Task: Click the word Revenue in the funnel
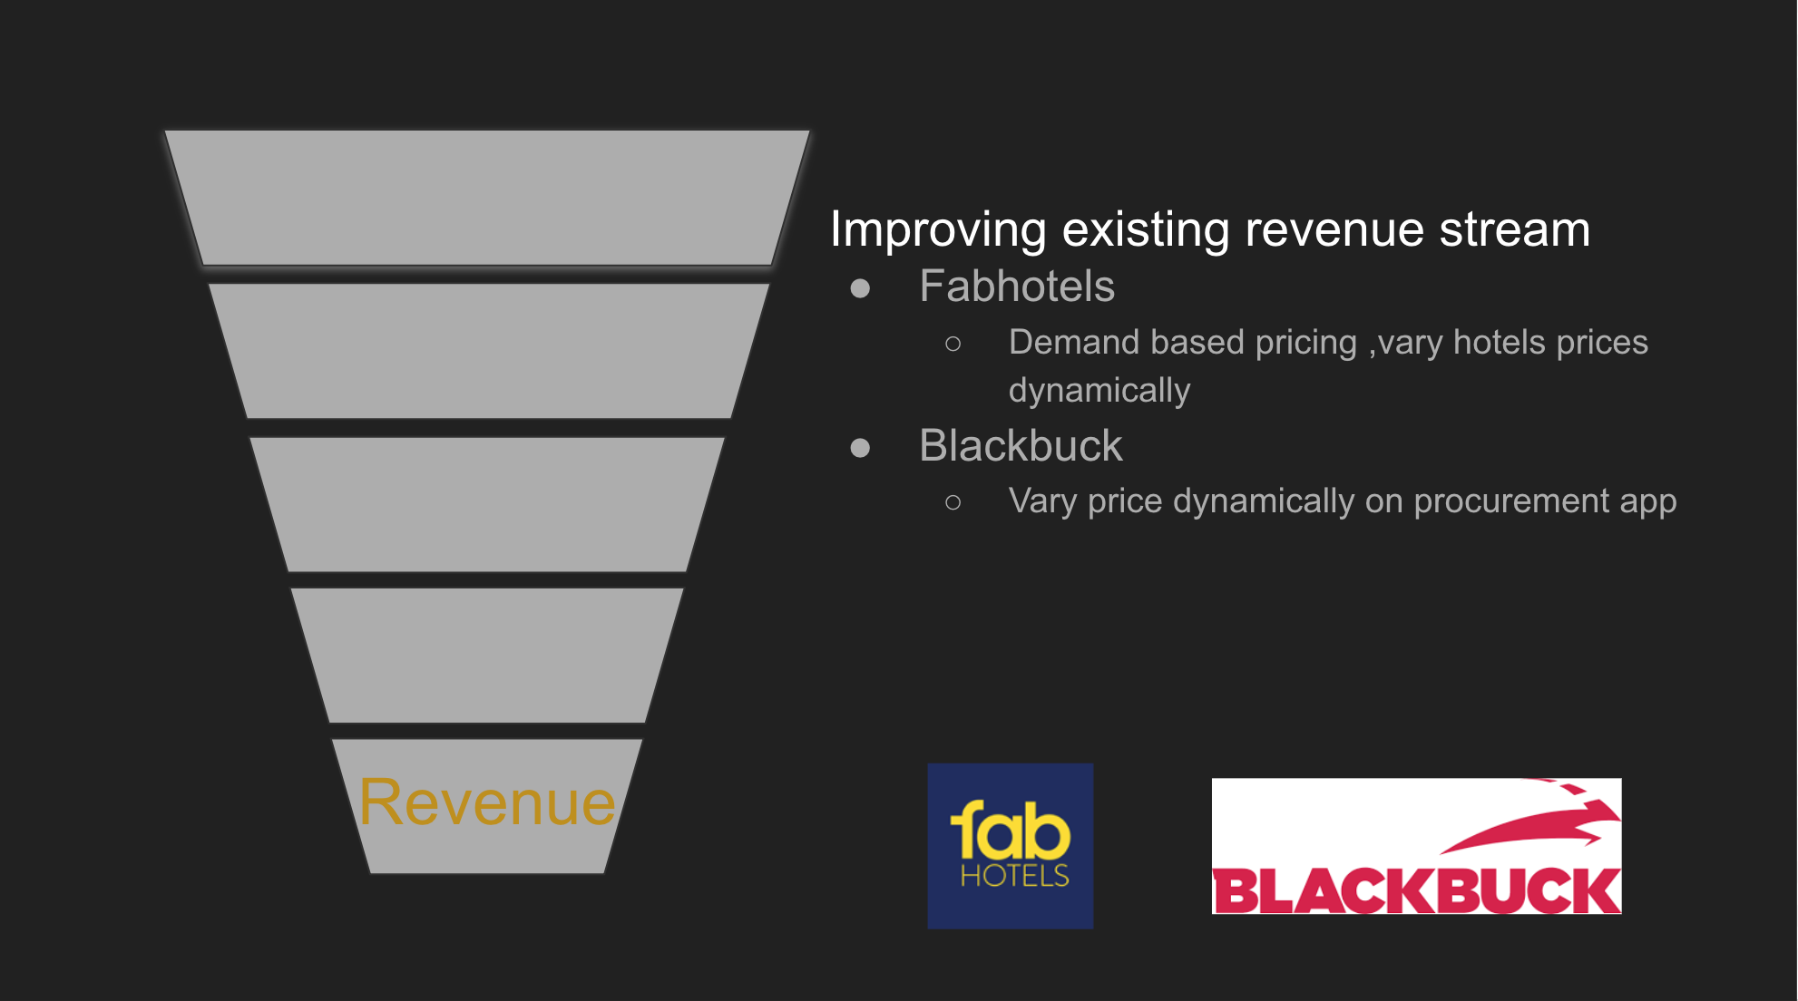(487, 802)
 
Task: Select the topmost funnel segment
(487, 198)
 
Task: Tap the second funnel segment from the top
(489, 351)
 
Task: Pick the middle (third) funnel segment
(487, 504)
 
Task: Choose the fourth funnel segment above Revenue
(487, 655)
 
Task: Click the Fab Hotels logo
(1011, 846)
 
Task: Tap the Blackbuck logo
(1417, 846)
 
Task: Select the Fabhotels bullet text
(1017, 287)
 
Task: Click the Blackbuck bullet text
(1021, 446)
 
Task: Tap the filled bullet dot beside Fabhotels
(860, 288)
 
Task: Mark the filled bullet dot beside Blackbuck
(860, 448)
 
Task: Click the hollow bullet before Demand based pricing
(953, 344)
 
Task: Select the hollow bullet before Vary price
(953, 502)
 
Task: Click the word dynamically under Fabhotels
(1099, 391)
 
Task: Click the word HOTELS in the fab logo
(1015, 875)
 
